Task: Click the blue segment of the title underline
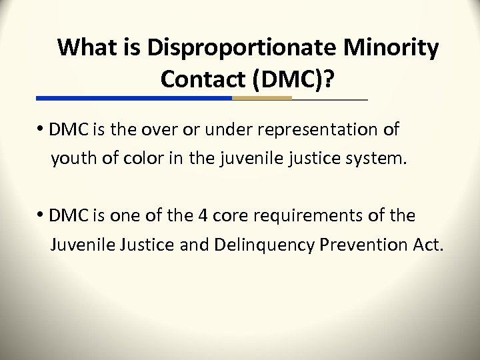(133, 98)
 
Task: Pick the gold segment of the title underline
(262, 98)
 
